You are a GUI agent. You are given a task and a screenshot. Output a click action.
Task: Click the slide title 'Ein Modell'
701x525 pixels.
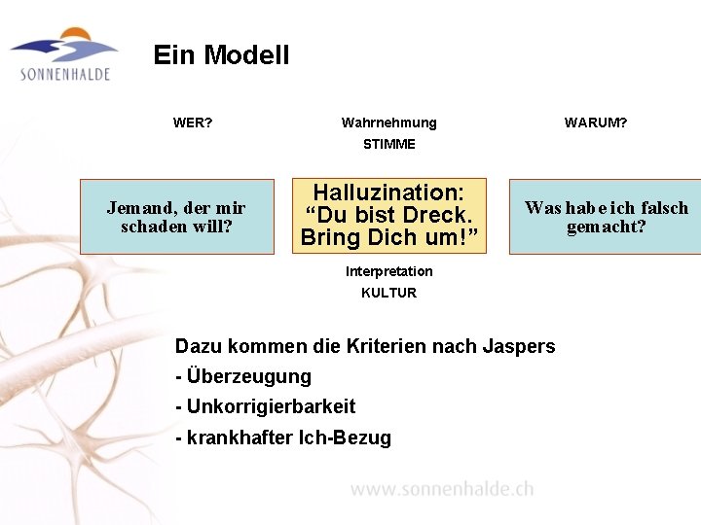[221, 55]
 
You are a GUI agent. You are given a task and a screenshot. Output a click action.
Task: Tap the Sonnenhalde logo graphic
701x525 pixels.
[64, 45]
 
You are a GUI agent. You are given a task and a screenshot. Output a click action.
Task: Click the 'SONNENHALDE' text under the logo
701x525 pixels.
[64, 75]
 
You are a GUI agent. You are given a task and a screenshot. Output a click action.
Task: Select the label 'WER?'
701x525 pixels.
[193, 123]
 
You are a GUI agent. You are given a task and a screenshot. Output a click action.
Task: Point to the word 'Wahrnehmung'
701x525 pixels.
[388, 123]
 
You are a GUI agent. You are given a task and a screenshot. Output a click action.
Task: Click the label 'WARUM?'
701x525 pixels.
[596, 123]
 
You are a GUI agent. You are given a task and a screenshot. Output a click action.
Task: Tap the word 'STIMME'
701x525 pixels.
[388, 144]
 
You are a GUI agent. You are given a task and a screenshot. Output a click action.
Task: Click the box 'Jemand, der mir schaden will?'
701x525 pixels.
[176, 217]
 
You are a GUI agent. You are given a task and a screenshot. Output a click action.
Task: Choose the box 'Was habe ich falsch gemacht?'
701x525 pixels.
[605, 217]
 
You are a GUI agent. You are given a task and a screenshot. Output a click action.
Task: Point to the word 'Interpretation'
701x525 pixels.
[388, 271]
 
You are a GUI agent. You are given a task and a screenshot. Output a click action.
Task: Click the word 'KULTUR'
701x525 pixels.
[388, 293]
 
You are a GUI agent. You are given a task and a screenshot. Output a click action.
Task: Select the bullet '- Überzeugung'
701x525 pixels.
[243, 376]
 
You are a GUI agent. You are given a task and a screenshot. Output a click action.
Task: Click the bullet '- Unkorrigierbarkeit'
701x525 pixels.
[265, 406]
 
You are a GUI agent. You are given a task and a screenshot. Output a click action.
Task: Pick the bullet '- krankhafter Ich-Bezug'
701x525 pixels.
[282, 437]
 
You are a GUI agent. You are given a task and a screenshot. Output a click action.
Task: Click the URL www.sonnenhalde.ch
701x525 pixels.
[442, 489]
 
